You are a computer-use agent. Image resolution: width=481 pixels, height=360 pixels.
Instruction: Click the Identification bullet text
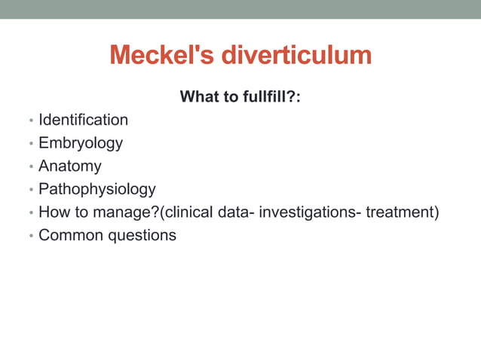[x=83, y=120]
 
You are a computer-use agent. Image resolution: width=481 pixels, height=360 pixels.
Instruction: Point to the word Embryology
[x=81, y=143]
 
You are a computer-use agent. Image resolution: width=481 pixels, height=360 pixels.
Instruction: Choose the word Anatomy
[x=69, y=166]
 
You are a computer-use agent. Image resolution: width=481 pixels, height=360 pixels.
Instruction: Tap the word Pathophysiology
[x=97, y=189]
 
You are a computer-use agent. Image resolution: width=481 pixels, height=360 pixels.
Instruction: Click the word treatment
[x=400, y=212]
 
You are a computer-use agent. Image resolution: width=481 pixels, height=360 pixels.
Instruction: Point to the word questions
[x=144, y=235]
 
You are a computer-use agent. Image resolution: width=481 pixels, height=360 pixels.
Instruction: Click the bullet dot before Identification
[x=30, y=121]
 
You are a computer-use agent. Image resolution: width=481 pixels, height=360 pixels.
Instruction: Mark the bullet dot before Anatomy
[x=30, y=167]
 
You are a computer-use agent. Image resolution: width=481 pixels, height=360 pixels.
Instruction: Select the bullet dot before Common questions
[x=30, y=236]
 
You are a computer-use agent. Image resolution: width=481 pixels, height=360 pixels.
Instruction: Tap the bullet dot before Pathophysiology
[x=30, y=191]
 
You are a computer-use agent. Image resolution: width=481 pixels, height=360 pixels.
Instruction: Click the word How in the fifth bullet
[x=54, y=212]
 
